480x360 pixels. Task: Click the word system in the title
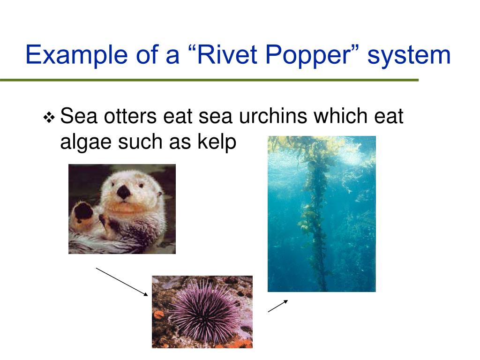(409, 55)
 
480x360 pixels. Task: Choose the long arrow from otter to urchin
(122, 281)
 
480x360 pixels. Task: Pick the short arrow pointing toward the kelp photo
(277, 306)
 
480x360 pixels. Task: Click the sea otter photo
(122, 209)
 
